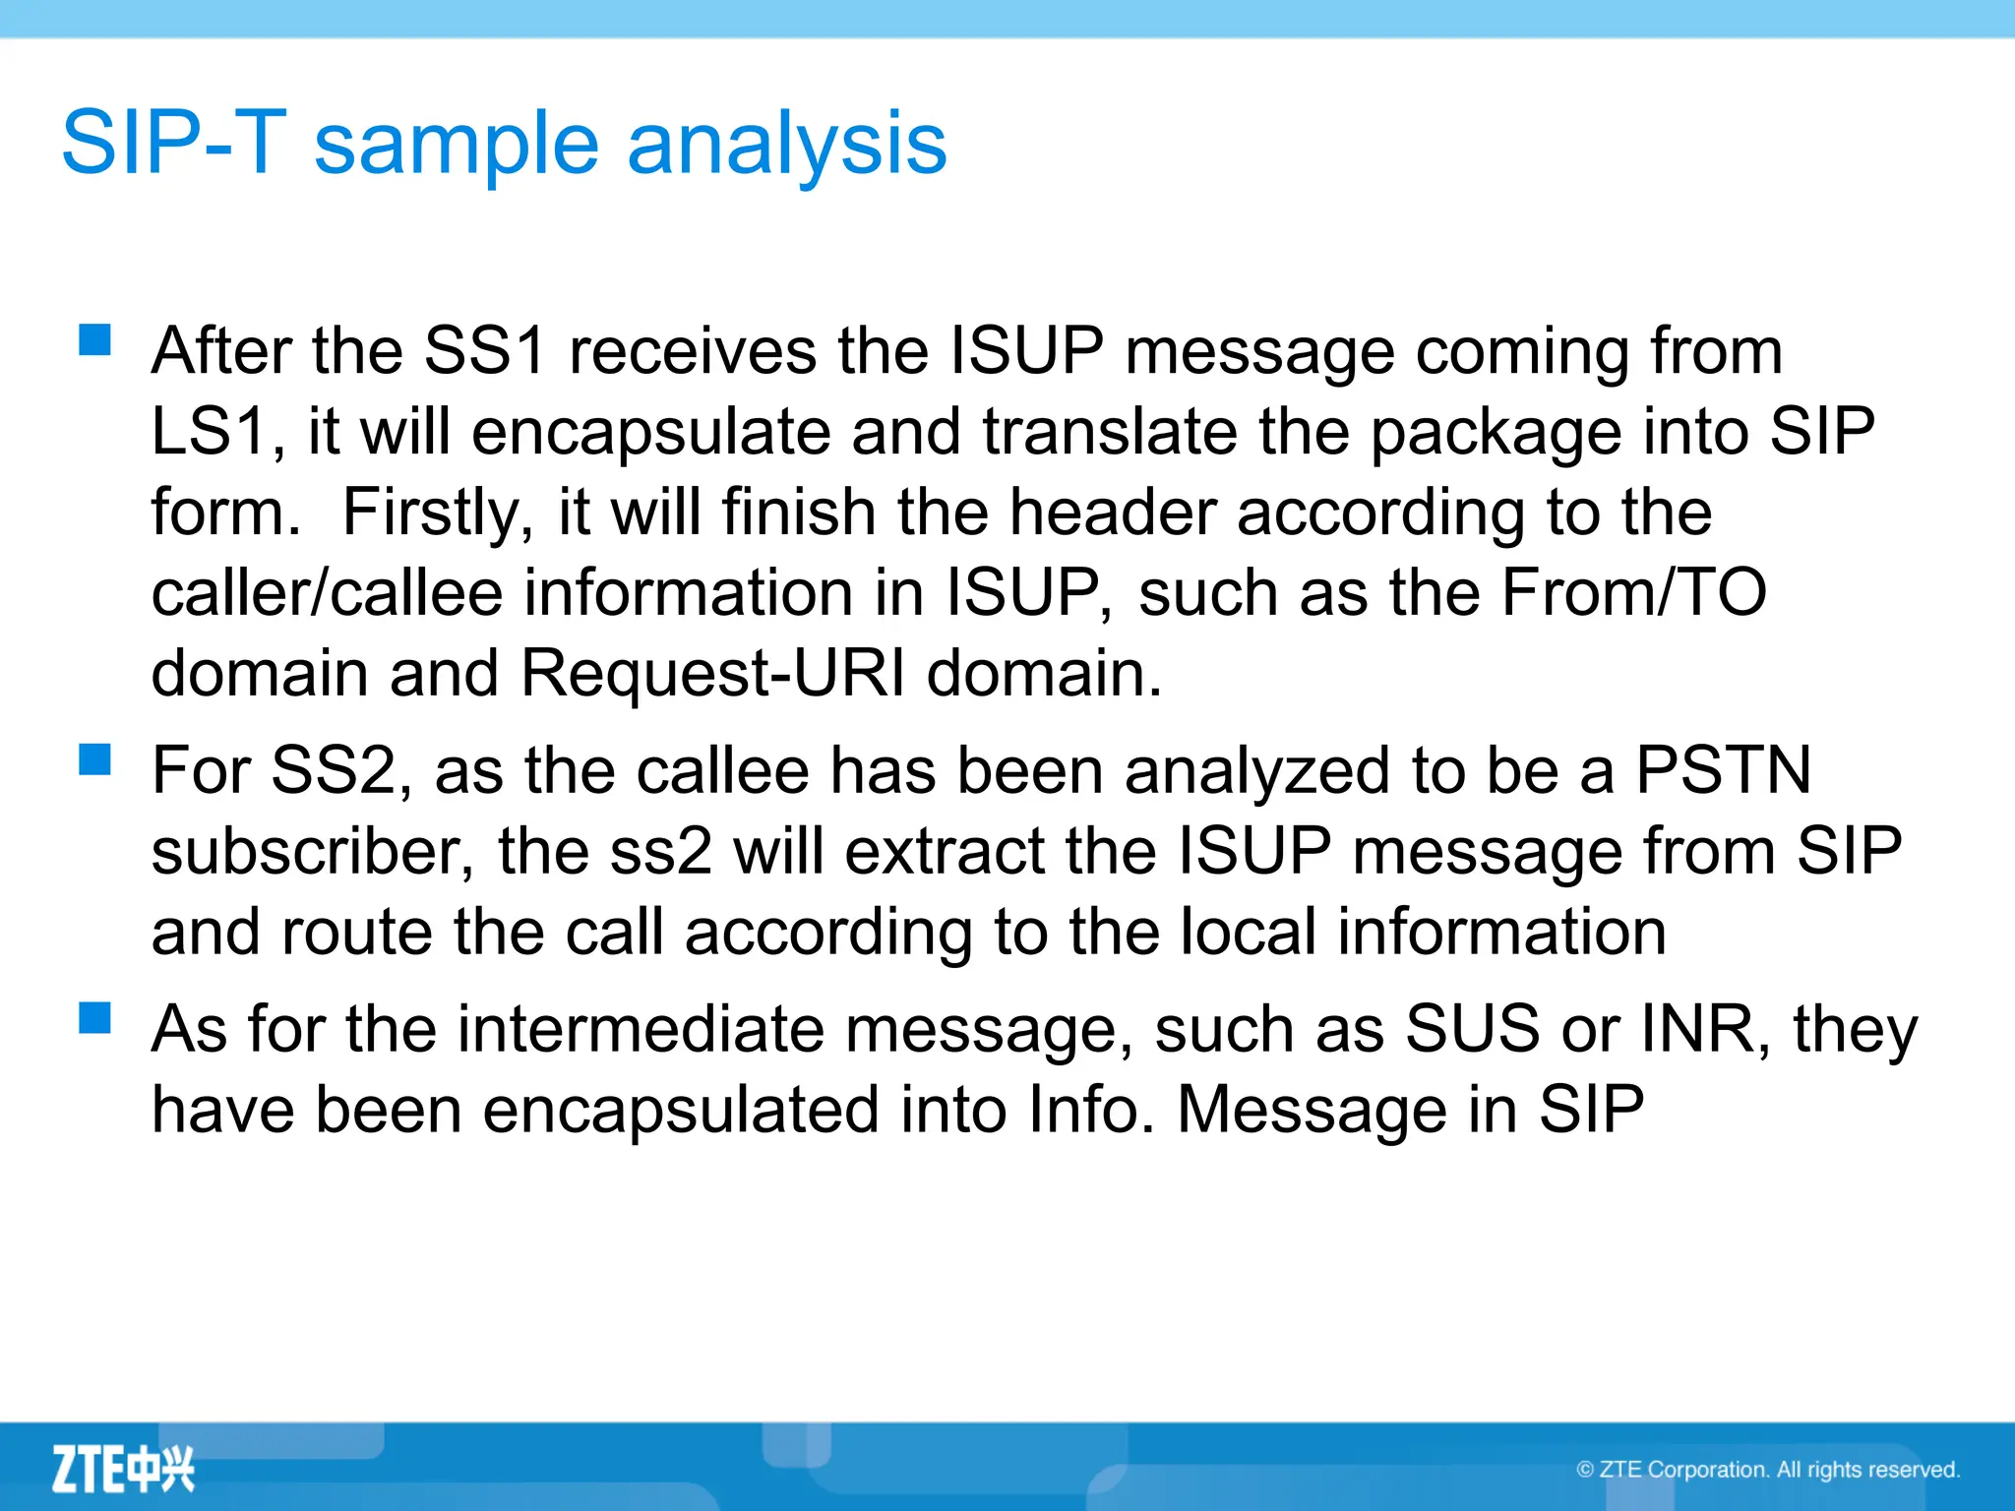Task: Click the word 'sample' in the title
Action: (x=455, y=145)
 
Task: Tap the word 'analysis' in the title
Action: (x=786, y=145)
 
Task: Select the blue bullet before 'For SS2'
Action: (x=95, y=759)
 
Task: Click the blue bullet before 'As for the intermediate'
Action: (x=95, y=1018)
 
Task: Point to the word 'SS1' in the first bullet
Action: (x=484, y=351)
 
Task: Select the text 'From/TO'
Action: (x=1634, y=593)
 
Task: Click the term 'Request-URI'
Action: (x=712, y=674)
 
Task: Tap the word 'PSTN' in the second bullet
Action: (x=1723, y=770)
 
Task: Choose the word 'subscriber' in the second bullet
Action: (x=304, y=851)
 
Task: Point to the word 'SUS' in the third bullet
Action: (x=1472, y=1030)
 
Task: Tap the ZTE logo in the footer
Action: (x=123, y=1469)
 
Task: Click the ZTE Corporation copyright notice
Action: (x=1768, y=1470)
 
